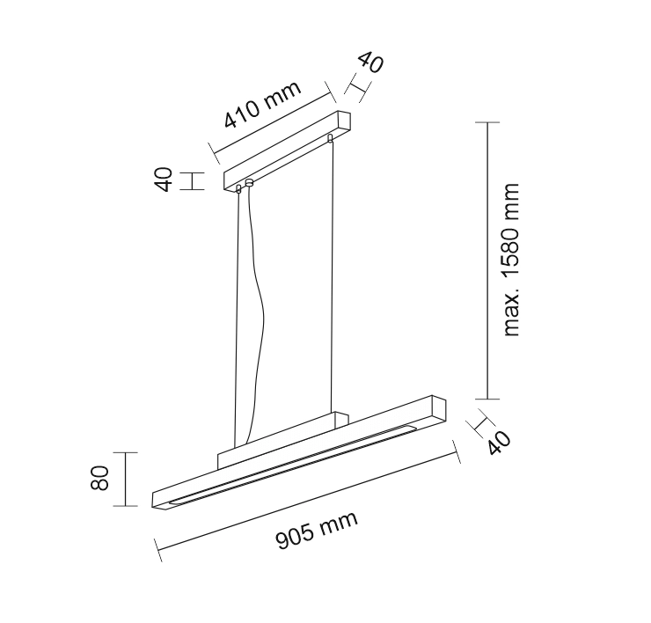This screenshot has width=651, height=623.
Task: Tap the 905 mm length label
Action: point(317,531)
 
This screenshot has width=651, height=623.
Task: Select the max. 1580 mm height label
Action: point(510,260)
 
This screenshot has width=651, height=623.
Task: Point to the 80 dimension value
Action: point(99,478)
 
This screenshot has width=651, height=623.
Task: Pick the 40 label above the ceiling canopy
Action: point(370,62)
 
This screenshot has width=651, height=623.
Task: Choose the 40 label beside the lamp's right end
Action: point(499,443)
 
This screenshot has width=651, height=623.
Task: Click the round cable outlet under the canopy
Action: point(249,182)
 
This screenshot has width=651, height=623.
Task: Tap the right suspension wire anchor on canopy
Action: point(330,137)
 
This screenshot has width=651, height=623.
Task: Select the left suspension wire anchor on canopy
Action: point(238,189)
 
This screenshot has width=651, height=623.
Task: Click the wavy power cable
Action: point(255,316)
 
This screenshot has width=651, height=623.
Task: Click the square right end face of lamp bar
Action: point(439,410)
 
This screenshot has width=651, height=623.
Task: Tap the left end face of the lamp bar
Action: point(159,501)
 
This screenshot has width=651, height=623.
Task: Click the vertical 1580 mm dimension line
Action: point(487,260)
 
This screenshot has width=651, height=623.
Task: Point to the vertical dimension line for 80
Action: point(125,480)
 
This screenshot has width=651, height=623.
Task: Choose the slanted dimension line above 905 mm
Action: point(307,502)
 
